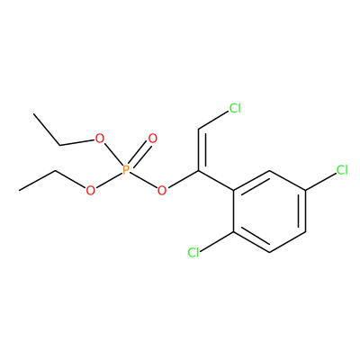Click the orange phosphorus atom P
pyautogui.click(x=126, y=170)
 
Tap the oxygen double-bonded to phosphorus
pyautogui.click(x=153, y=139)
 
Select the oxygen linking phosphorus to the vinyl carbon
pyautogui.click(x=162, y=190)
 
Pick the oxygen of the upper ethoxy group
pyautogui.click(x=99, y=139)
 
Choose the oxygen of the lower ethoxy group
pyautogui.click(x=90, y=190)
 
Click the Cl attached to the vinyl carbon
pyautogui.click(x=235, y=108)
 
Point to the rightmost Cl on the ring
pyautogui.click(x=342, y=170)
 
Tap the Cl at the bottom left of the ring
pyautogui.click(x=193, y=252)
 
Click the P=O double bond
pyautogui.click(x=139, y=155)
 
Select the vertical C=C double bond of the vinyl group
pyautogui.click(x=202, y=150)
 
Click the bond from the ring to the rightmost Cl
pyautogui.click(x=320, y=182)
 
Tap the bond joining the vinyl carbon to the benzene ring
pyautogui.click(x=216, y=180)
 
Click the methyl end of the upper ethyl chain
pyautogui.click(x=34, y=113)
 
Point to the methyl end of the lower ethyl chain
pyautogui.click(x=19, y=190)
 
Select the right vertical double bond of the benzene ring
pyautogui.click(x=302, y=211)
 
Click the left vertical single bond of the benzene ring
pyautogui.click(x=234, y=211)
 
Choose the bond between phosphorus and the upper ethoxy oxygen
pyautogui.click(x=112, y=155)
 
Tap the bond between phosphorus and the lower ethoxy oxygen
pyautogui.click(x=108, y=180)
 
